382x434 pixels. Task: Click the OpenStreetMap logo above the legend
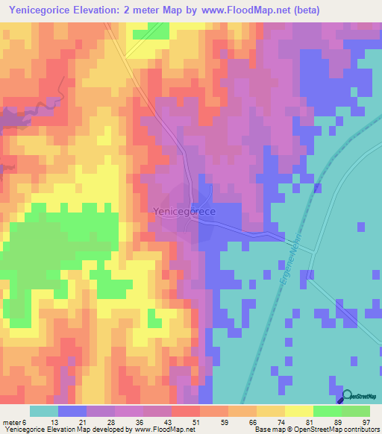pos(356,397)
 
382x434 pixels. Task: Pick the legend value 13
pos(43,422)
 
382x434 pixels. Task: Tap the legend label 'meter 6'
pos(16,422)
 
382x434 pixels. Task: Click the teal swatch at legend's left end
pos(43,411)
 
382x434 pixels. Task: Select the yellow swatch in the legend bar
pos(298,411)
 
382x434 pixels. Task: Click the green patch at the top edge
pos(157,29)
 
